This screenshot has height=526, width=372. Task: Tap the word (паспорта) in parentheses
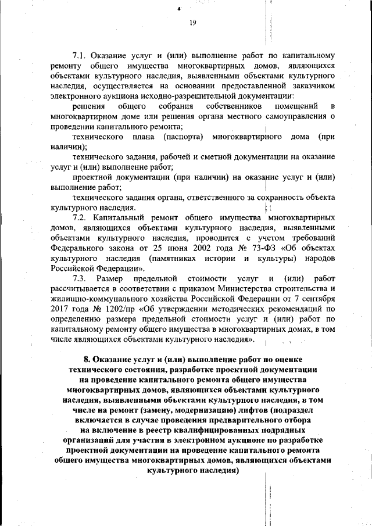[x=177, y=137]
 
